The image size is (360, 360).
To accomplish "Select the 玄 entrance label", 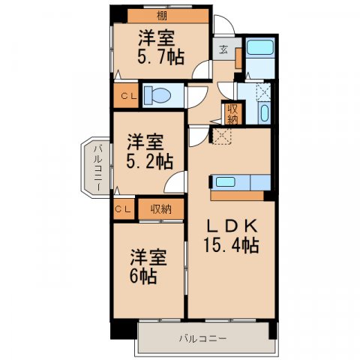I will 223,51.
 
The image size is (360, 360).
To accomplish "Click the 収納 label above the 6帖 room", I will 160,209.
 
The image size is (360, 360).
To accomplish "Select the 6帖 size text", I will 142,275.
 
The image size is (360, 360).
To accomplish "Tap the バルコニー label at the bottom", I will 202,339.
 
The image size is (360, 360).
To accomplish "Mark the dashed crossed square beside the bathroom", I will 263,91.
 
